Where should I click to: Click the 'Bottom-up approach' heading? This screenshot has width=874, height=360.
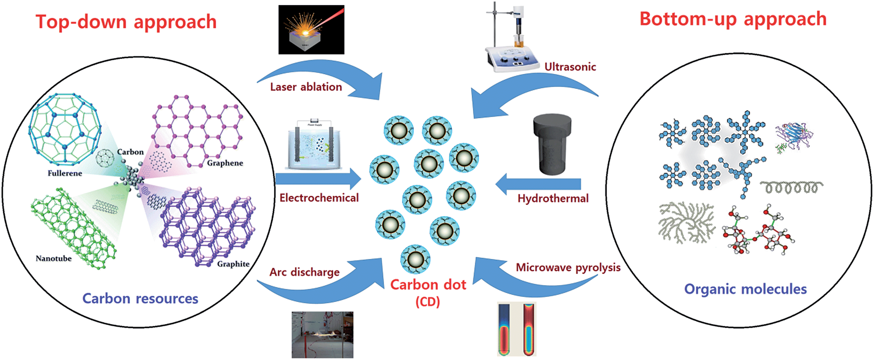pyautogui.click(x=733, y=19)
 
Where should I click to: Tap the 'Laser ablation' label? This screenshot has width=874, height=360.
pyautogui.click(x=306, y=87)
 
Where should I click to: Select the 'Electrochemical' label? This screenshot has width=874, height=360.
pyautogui.click(x=319, y=198)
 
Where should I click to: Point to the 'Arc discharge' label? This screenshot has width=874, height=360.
pyautogui.click(x=304, y=272)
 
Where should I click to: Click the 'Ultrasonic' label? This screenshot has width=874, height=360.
pyautogui.click(x=570, y=67)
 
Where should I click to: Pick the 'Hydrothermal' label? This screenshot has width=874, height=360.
pyautogui.click(x=553, y=198)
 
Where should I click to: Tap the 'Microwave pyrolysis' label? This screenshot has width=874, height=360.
pyautogui.click(x=568, y=268)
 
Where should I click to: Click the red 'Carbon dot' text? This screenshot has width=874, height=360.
pyautogui.click(x=428, y=285)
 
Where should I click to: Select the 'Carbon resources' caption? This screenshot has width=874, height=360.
pyautogui.click(x=140, y=299)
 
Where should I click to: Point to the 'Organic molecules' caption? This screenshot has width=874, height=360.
pyautogui.click(x=745, y=289)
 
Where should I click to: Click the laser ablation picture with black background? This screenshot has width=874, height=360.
pyautogui.click(x=311, y=30)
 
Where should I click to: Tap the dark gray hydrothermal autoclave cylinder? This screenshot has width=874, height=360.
pyautogui.click(x=552, y=144)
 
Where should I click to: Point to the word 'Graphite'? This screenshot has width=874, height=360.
pyautogui.click(x=233, y=264)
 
